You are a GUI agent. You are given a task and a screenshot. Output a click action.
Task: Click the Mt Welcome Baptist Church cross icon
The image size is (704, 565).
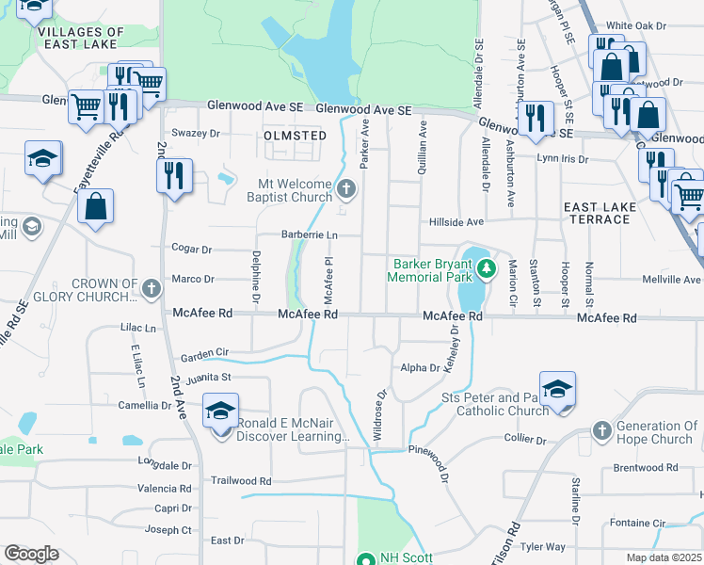tap(346, 189)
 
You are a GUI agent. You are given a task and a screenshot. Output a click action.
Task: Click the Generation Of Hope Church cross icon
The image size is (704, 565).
tap(603, 431)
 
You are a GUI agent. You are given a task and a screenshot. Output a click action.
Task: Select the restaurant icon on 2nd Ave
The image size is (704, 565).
tap(174, 175)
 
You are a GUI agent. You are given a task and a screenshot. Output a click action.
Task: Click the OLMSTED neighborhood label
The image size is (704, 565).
tap(296, 137)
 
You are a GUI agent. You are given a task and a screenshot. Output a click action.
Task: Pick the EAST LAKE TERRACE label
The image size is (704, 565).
tap(597, 213)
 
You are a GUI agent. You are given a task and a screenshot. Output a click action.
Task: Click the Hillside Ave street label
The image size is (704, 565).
tap(456, 222)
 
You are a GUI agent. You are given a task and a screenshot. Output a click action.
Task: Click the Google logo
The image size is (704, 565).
tap(31, 554)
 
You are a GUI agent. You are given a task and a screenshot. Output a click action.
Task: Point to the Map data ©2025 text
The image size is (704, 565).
tap(664, 557)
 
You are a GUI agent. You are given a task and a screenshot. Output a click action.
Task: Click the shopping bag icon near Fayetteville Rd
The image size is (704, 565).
tap(96, 207)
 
